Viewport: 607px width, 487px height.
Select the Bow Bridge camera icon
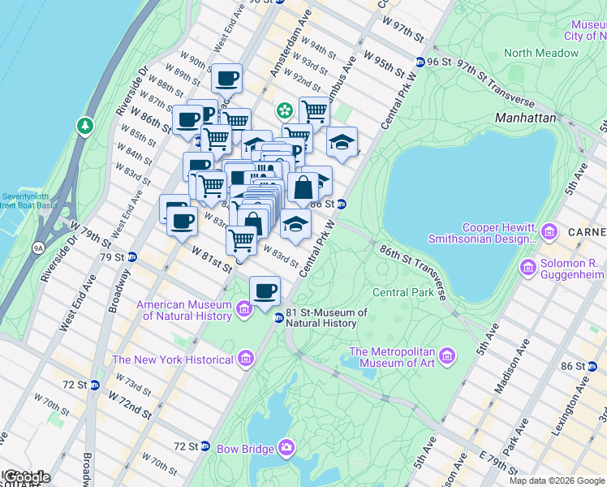point(286,447)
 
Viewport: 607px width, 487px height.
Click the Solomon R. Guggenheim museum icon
point(528,266)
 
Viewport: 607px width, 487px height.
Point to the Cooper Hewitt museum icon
point(549,233)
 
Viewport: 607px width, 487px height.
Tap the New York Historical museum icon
point(244,360)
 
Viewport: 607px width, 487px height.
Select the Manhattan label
point(525,118)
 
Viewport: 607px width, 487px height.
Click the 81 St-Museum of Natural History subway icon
point(278,317)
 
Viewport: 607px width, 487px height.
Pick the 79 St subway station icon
point(131,257)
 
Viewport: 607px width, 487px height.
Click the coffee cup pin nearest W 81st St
point(265,291)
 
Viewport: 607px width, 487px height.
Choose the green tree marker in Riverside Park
point(84,126)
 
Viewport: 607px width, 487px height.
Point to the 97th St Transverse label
point(495,84)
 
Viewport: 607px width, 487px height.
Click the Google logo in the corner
point(26,477)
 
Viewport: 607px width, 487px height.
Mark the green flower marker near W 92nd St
point(285,110)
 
